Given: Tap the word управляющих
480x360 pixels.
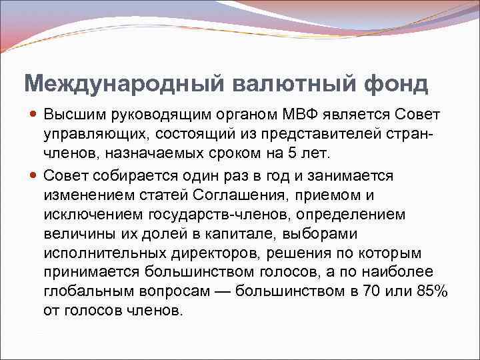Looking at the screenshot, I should tap(86, 134).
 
